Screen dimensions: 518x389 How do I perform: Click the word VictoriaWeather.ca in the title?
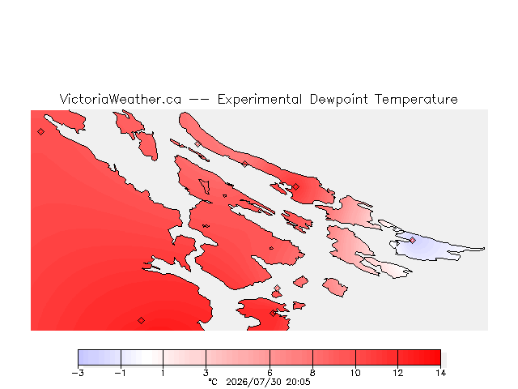pos(121,99)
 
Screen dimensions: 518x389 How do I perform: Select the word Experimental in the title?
pos(260,100)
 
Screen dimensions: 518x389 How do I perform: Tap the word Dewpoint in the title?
pos(338,100)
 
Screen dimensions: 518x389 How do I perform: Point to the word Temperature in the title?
pos(416,100)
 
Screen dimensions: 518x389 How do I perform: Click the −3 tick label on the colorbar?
pos(78,373)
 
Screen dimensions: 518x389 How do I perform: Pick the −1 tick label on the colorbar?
pos(121,373)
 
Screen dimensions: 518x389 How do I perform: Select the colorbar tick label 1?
pos(163,373)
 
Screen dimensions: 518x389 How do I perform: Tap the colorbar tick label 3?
pos(206,373)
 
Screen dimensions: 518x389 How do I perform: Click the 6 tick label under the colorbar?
pos(270,373)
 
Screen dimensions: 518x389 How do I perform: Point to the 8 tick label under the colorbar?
pos(312,373)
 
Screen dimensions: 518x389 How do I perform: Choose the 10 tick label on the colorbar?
pos(355,373)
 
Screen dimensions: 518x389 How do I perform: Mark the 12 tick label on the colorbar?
pos(397,373)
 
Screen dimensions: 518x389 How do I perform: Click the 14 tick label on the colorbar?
pos(440,373)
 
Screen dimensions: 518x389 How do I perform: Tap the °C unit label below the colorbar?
pos(213,382)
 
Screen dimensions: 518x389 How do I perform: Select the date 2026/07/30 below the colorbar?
pos(254,382)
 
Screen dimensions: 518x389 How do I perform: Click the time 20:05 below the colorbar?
pos(299,382)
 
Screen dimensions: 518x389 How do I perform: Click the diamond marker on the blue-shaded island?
pos(412,240)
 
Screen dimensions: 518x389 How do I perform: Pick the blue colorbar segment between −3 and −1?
pos(100,357)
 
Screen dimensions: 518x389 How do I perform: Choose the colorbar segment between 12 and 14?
pos(419,357)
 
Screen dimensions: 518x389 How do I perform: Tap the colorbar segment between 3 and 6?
pos(238,357)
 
